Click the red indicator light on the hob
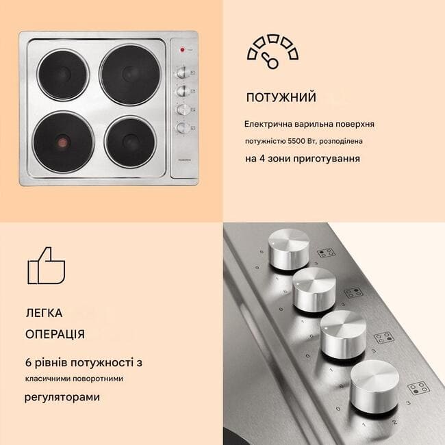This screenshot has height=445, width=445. (x=182, y=50)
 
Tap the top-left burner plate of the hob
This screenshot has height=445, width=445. (x=63, y=75)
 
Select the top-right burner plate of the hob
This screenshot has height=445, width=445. (x=130, y=74)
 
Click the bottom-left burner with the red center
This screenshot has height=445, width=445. (x=63, y=142)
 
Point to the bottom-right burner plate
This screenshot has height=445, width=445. (x=130, y=142)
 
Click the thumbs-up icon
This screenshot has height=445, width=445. (x=47, y=266)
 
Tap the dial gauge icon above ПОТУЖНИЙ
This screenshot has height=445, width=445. (x=272, y=51)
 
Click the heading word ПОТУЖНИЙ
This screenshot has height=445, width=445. (x=281, y=97)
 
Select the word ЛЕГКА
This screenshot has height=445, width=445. (x=44, y=313)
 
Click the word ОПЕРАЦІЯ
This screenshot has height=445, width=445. (x=55, y=334)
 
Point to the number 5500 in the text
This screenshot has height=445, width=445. (x=296, y=141)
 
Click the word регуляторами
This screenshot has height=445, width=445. (x=62, y=397)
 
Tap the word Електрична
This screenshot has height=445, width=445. (x=268, y=124)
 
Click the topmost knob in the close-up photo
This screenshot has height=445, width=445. (x=289, y=249)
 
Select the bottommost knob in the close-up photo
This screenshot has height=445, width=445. (x=374, y=386)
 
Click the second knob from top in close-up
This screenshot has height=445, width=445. (x=314, y=290)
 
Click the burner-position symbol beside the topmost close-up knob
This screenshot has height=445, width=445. (x=326, y=253)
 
